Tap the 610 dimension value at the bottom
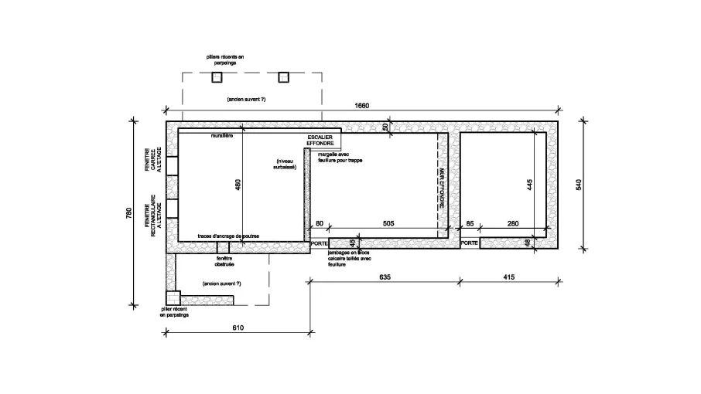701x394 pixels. click(238, 328)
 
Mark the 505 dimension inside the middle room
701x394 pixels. click(388, 224)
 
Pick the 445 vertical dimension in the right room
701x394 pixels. click(531, 186)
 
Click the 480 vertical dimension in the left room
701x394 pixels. click(238, 188)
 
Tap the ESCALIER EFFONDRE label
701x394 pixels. click(320, 141)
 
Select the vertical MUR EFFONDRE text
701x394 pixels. click(442, 189)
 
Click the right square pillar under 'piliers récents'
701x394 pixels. click(283, 76)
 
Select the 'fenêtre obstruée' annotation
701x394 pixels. click(224, 261)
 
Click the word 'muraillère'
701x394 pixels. click(223, 136)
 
